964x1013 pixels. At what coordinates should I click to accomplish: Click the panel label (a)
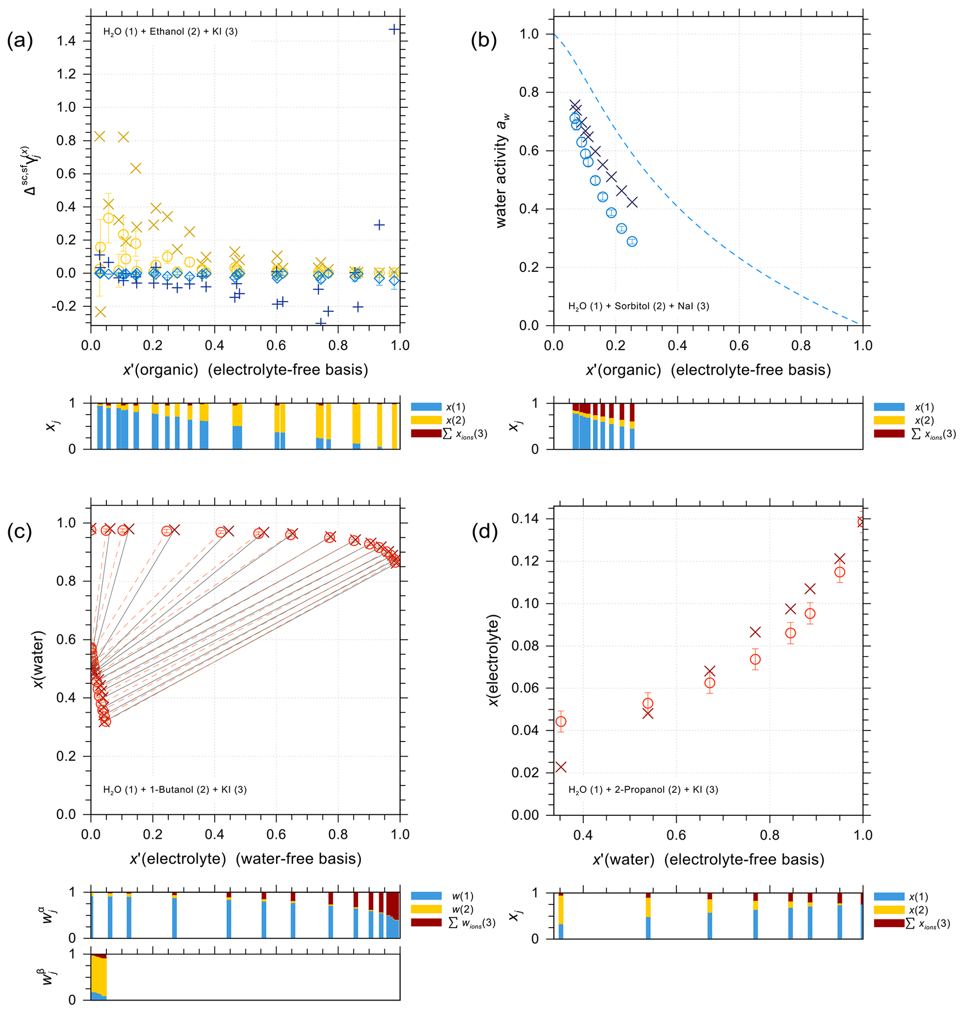point(20,40)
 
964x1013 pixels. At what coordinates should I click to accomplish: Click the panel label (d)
point(485,531)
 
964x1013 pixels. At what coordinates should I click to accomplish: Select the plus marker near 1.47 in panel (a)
point(394,29)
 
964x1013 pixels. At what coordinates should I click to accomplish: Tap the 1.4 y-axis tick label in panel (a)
point(66,41)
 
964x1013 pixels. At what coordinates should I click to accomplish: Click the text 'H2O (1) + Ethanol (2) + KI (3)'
point(170,32)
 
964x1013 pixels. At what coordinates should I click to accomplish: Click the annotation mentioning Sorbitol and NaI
point(638,306)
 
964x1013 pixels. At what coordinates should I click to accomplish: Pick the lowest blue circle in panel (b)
point(632,242)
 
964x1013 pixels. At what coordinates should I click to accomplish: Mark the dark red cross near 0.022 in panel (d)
point(561,767)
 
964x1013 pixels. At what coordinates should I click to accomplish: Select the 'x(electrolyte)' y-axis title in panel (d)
point(493,660)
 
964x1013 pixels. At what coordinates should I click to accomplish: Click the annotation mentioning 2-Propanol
point(643,790)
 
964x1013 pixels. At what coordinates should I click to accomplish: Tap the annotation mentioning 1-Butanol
point(175,790)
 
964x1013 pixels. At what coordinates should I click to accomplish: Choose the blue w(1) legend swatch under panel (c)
point(426,896)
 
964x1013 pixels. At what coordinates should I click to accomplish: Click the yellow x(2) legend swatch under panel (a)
point(426,420)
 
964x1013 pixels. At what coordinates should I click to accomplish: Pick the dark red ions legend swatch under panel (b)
point(889,434)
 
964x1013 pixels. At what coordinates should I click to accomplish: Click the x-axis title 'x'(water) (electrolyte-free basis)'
point(708,860)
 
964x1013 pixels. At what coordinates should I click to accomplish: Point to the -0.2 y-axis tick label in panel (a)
point(64,306)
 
